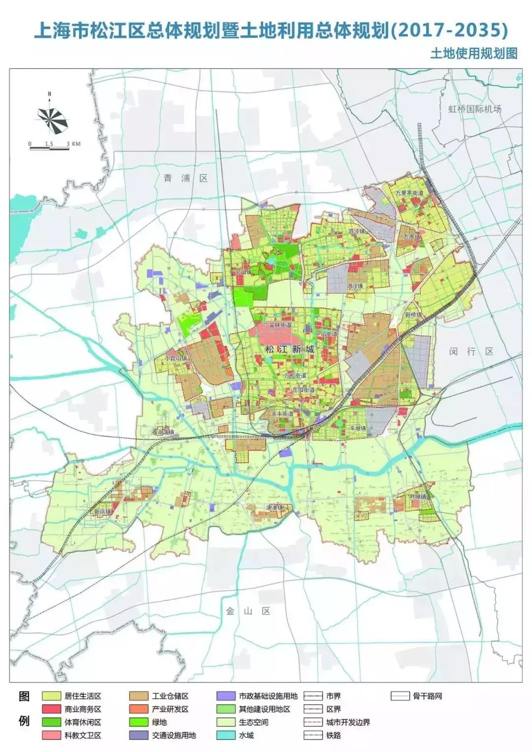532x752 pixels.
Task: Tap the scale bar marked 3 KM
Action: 54,146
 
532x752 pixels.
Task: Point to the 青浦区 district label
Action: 186,178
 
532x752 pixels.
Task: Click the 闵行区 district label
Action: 471,351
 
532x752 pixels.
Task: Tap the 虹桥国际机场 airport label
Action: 475,109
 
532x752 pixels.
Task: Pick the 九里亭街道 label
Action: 409,194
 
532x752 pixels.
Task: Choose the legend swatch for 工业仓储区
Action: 139,696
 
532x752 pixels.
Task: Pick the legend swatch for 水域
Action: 227,735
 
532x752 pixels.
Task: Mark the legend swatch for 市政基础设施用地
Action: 227,696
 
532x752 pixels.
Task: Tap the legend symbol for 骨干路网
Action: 400,696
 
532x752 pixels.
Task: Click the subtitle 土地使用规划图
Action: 474,53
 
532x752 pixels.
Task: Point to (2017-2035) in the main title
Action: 449,31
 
